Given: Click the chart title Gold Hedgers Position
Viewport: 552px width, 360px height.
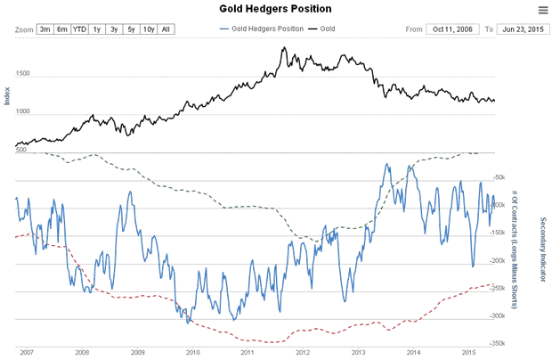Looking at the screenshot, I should coord(276,10).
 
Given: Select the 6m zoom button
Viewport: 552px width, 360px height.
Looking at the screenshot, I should coord(61,29).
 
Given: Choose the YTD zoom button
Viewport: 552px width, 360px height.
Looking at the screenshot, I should coord(79,29).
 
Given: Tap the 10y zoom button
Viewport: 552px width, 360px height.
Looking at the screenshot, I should coord(149,29).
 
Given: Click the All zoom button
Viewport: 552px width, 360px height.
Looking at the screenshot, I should coord(166,29).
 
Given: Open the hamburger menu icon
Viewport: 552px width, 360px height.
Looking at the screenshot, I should coord(543,10).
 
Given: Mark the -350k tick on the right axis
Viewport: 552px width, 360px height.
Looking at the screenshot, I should coord(498,342).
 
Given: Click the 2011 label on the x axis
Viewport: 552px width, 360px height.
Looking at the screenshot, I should coord(247,352).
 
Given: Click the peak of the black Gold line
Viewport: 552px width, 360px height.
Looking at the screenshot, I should coord(283,47).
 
